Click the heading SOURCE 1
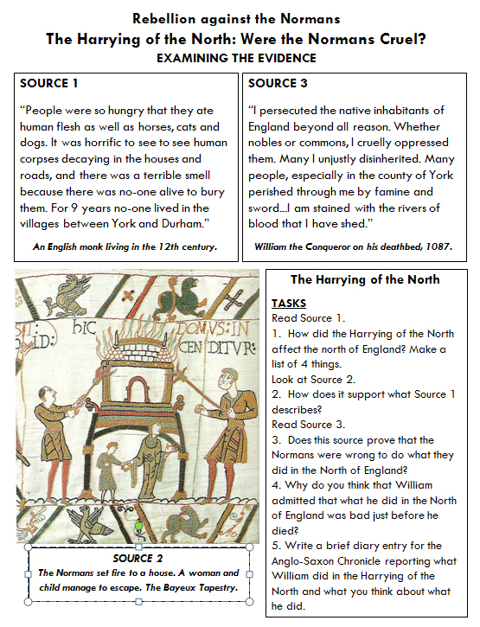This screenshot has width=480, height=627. [x=48, y=83]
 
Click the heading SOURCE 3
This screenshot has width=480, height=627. [x=278, y=83]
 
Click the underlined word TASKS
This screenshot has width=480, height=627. [x=289, y=304]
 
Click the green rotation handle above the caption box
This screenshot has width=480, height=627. [x=138, y=526]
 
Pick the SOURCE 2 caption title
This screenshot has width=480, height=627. [x=138, y=558]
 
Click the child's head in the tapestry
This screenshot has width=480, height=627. [x=112, y=446]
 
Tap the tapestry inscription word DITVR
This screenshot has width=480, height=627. [x=232, y=348]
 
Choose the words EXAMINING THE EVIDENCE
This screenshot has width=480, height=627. [x=236, y=59]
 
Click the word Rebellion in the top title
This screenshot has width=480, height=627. [x=164, y=19]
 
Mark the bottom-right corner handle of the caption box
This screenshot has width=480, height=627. [x=249, y=601]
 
